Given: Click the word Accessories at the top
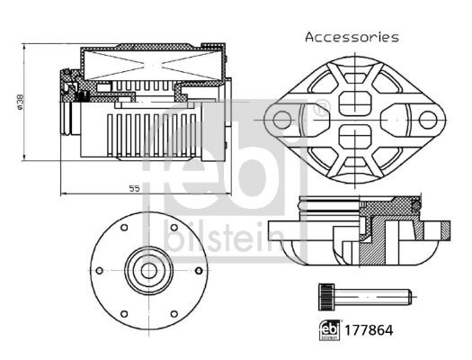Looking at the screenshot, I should tap(351, 37).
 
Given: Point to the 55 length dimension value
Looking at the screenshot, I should tap(134, 188).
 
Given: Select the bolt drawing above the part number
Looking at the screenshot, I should tap(364, 293).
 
